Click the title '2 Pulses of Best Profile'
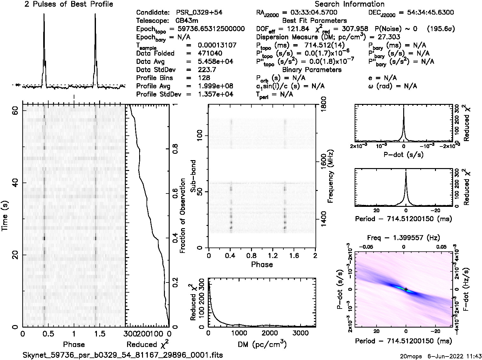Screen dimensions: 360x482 69,4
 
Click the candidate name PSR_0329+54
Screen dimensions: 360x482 199,13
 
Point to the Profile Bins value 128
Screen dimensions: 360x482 204,78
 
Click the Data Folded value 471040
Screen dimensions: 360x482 210,53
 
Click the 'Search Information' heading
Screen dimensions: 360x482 350,4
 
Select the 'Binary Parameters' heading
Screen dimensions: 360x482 312,70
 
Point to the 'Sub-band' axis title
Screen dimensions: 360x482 193,176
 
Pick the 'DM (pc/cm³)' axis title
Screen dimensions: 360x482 262,344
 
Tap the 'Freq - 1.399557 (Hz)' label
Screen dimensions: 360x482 404,238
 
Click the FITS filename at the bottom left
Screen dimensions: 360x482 123,355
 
